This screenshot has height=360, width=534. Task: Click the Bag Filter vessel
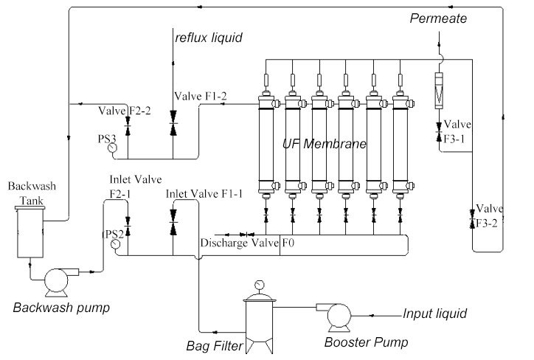click(259, 317)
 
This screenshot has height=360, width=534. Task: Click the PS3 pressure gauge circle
click(112, 147)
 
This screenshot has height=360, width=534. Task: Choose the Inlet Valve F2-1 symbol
click(128, 221)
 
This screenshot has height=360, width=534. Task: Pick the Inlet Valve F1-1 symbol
click(173, 222)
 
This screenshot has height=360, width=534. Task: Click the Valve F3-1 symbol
click(438, 130)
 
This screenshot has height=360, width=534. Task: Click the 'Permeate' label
click(438, 18)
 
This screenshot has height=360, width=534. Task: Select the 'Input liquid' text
click(434, 314)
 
